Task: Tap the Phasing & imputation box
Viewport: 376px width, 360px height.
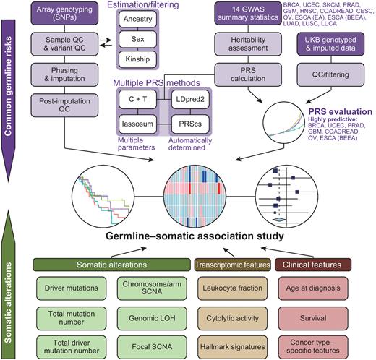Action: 60,77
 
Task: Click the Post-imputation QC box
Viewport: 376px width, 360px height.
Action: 60,106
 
